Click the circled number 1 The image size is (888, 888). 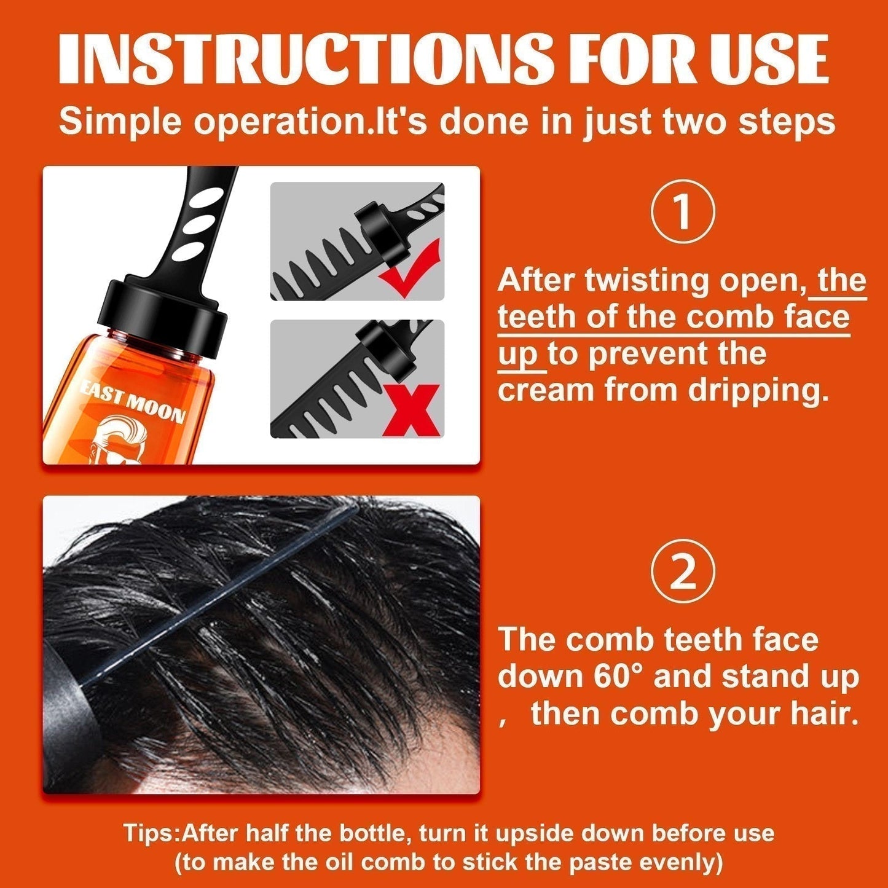point(683,211)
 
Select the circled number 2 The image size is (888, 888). point(683,571)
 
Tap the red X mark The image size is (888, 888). point(411,410)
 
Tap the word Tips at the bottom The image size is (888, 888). point(150,834)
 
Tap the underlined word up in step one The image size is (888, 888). point(517,355)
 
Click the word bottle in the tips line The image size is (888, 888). point(371,834)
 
